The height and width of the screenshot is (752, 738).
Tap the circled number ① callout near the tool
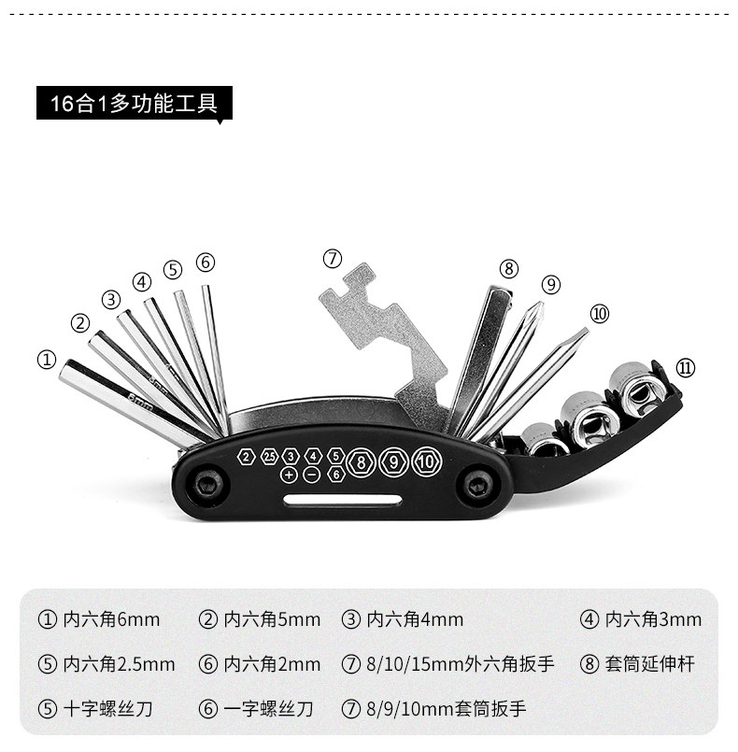pos(46,359)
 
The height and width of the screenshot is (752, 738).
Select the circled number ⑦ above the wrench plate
pos(334,258)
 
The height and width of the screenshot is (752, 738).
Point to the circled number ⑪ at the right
pos(685,368)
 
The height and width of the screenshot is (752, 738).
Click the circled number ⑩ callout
pos(599,314)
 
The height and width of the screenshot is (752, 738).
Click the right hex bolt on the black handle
pos(477,485)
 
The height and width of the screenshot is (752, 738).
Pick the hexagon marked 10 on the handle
pos(426,461)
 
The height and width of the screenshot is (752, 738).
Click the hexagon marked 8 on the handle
pos(360,461)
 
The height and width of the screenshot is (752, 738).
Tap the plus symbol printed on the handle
pos(289,475)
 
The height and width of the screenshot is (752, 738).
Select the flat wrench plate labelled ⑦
pos(383,336)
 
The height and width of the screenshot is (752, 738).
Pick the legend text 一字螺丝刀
pos(268,709)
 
